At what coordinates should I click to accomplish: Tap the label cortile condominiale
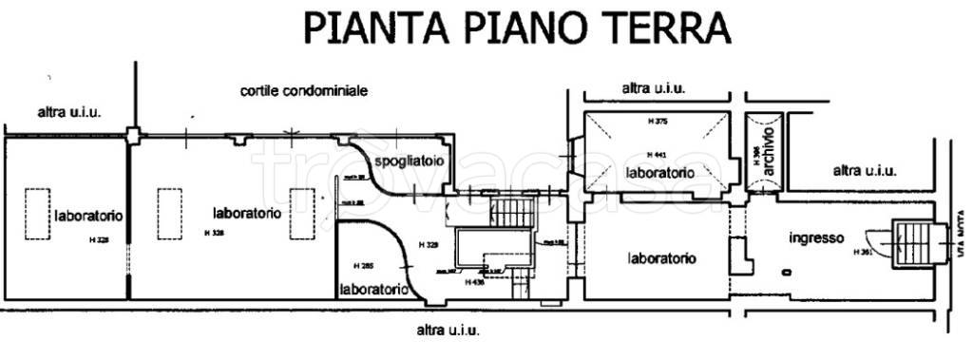point(303,90)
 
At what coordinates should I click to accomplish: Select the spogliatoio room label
point(409,162)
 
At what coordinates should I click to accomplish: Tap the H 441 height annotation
point(656,154)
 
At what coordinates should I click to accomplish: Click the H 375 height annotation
point(656,121)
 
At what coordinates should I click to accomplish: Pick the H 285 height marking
point(362,264)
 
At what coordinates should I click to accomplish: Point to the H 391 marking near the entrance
point(862,252)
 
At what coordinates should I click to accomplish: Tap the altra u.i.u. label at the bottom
point(448,331)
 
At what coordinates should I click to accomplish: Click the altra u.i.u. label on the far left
point(68,111)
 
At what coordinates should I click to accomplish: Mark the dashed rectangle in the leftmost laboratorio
point(37,216)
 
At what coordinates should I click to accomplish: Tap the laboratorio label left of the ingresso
point(662,257)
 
